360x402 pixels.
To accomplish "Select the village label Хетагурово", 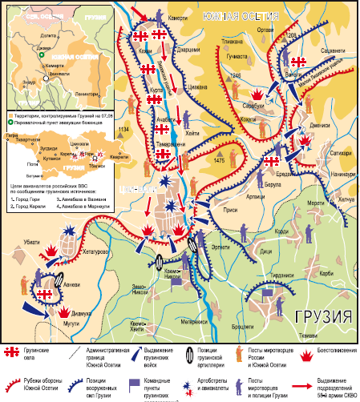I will point(88,251).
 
